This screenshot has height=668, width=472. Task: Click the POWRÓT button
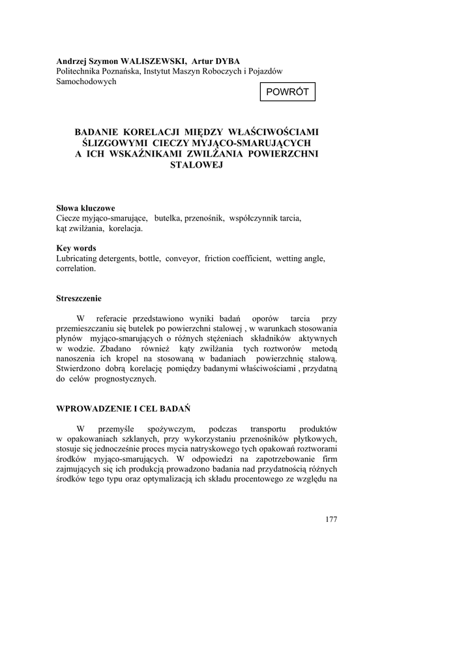coord(288,93)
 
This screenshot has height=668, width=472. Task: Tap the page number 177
coord(331,519)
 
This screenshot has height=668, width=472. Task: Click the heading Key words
coord(76,248)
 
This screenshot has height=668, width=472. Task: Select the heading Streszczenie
coord(79,298)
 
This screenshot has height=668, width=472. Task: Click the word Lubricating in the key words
coord(78,258)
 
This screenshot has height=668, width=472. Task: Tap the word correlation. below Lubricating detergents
coord(76,268)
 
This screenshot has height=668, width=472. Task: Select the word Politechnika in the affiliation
coord(80,71)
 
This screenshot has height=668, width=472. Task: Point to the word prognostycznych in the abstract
coord(125,378)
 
